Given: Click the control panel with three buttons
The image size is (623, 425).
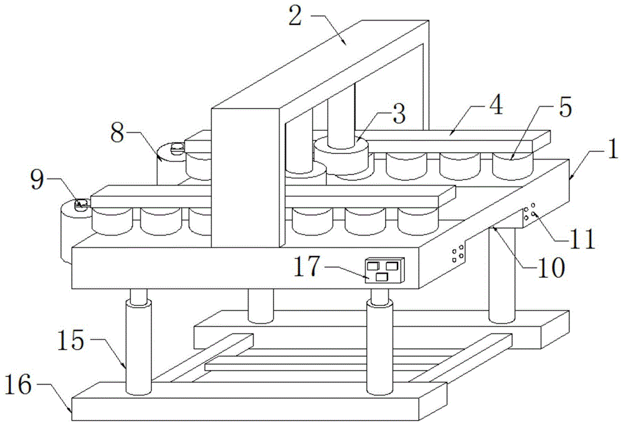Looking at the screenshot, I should pos(383,271).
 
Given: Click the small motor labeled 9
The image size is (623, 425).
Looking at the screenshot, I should pos(81,203).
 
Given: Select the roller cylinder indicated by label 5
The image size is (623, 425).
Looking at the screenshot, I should pos(513,163).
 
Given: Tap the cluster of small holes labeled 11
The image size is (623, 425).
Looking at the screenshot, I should pos(529,212).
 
